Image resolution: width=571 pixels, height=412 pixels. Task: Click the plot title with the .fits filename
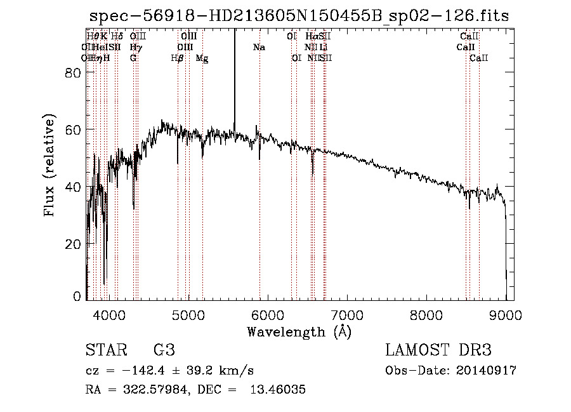[299, 16]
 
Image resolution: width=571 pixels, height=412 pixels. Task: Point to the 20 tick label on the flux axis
[75, 244]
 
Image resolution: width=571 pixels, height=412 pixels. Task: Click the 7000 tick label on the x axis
[346, 314]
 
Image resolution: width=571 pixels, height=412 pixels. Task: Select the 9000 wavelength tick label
[506, 314]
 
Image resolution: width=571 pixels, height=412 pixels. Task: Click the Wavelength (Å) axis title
[299, 331]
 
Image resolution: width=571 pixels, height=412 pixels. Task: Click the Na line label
[259, 48]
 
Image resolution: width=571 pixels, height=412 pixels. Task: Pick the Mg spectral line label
[202, 58]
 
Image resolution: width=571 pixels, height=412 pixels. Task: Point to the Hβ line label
[178, 58]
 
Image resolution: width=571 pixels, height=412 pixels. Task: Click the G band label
[133, 58]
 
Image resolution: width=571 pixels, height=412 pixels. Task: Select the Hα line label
[312, 37]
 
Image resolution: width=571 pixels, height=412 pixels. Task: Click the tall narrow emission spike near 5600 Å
[235, 76]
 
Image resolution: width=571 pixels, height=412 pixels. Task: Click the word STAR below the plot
[104, 351]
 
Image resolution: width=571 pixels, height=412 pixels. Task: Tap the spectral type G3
[164, 351]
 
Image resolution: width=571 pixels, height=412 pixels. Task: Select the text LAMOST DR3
[438, 351]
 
